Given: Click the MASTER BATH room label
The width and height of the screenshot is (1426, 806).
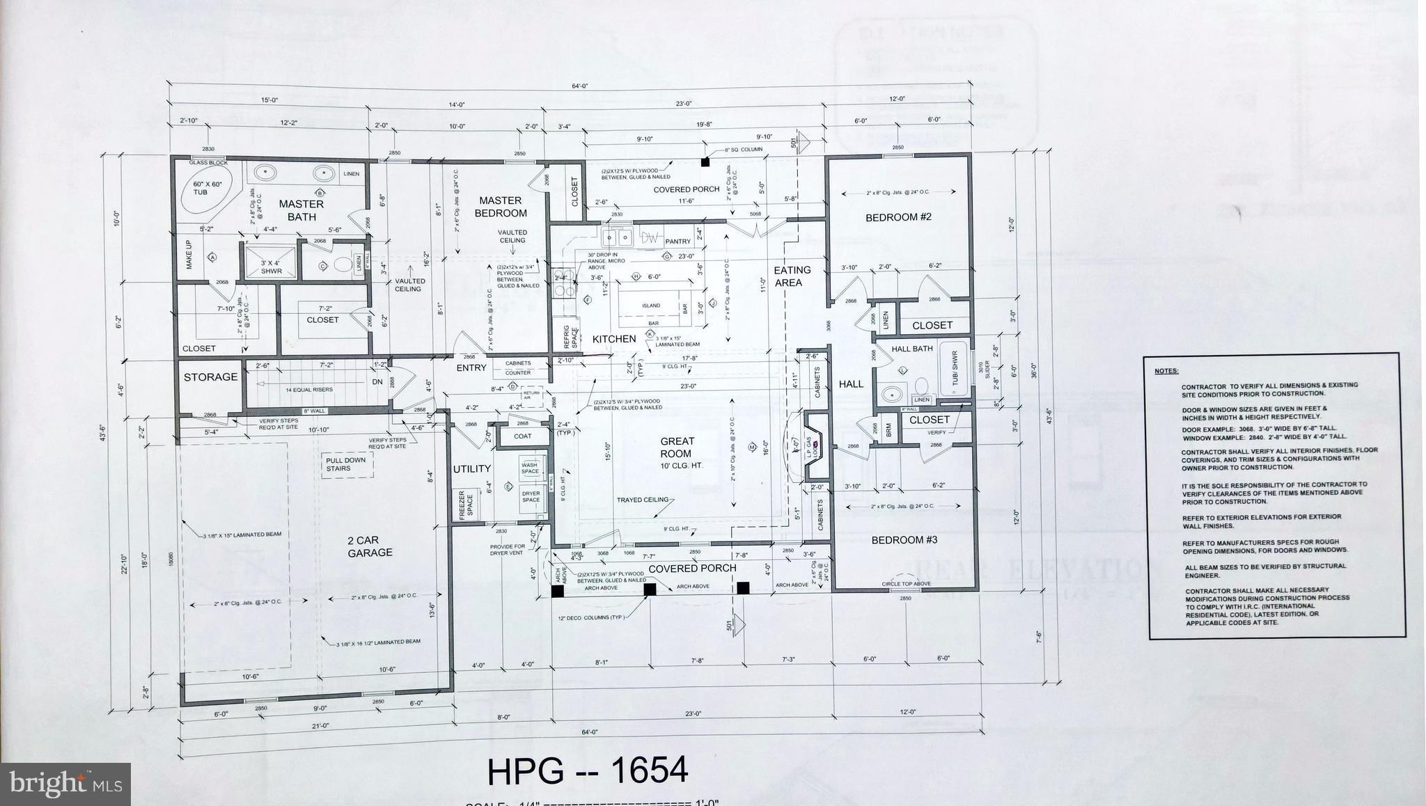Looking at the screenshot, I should tap(301, 210).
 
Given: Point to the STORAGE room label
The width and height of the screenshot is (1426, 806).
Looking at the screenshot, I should tap(210, 377).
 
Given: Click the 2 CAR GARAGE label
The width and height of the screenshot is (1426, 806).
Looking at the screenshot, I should tap(370, 546).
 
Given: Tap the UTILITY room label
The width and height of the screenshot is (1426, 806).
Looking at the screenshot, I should tap(472, 469).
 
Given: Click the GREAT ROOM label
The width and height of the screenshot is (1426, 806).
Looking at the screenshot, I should tap(677, 447).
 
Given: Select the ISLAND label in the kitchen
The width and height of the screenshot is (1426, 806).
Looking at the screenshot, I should tap(651, 306).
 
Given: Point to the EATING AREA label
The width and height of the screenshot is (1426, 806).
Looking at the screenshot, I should tap(792, 276).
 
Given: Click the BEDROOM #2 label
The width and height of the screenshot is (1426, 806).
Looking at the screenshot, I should tap(898, 217).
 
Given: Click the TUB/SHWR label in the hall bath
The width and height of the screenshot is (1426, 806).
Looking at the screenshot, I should tap(955, 369).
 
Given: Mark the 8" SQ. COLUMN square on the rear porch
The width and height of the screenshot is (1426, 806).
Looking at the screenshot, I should tap(705, 161).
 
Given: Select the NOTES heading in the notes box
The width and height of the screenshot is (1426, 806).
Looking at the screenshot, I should tap(1166, 371).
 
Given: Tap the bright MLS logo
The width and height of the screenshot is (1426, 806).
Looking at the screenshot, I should tap(65, 784).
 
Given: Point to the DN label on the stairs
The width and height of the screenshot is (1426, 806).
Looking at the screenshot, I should tap(377, 382).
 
